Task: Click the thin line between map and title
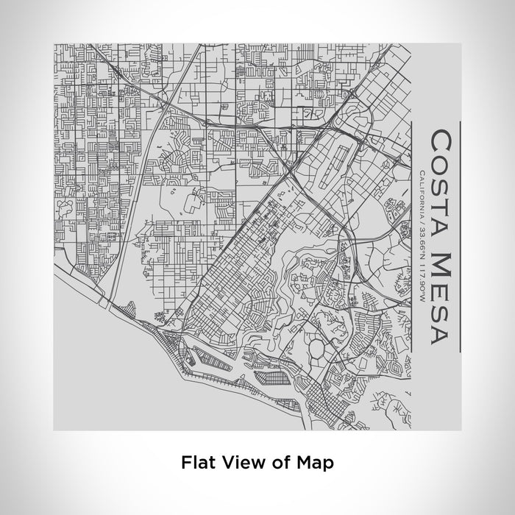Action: coord(411,235)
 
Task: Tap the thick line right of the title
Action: coord(460,235)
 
